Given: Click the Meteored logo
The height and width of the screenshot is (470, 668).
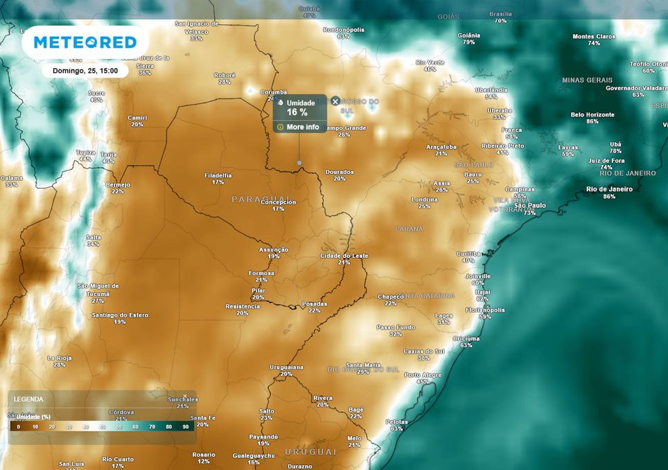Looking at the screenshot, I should pyautogui.click(x=85, y=42).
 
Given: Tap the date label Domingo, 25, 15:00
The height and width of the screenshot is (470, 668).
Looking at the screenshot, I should pyautogui.click(x=85, y=71).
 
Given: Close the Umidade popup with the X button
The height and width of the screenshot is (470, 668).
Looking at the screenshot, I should pyautogui.click(x=335, y=101).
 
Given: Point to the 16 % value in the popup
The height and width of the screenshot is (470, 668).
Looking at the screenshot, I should pyautogui.click(x=297, y=112).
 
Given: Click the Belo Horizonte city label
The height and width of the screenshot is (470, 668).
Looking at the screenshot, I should pyautogui.click(x=592, y=114).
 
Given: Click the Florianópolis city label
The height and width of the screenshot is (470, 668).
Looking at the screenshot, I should pyautogui.click(x=485, y=309).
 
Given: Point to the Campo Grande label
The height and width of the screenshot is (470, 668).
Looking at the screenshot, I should pyautogui.click(x=344, y=128).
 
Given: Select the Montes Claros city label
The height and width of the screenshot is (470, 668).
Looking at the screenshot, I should pyautogui.click(x=594, y=36).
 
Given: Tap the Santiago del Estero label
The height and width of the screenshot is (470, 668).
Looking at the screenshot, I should pyautogui.click(x=120, y=315).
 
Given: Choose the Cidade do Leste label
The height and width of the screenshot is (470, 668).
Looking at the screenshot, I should pyautogui.click(x=344, y=255).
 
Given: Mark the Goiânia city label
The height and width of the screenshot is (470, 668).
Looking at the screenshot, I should pyautogui.click(x=469, y=35).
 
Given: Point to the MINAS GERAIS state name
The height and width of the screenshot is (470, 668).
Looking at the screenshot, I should pyautogui.click(x=587, y=80).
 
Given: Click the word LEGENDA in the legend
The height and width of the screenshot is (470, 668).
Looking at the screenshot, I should pyautogui.click(x=28, y=399).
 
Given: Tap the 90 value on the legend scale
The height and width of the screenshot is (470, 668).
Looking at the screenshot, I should pyautogui.click(x=186, y=427).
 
